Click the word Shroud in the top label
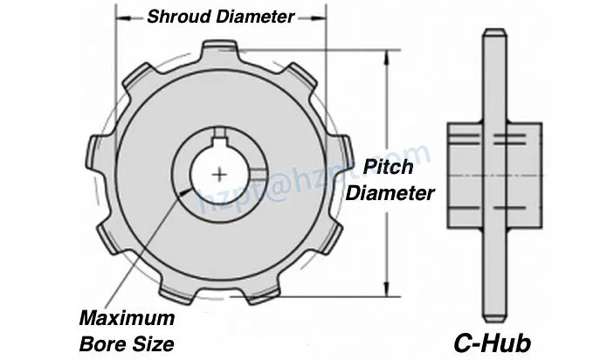click(174, 17)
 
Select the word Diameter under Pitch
click(390, 193)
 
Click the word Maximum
click(128, 318)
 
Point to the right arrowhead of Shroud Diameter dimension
click(321, 17)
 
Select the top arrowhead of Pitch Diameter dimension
click(385, 55)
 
